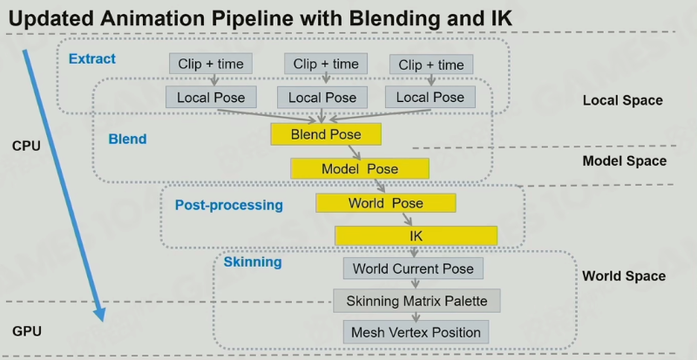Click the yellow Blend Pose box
(x=326, y=134)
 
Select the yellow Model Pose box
(x=360, y=168)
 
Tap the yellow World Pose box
(x=386, y=203)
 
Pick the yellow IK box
(x=416, y=235)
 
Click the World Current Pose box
(x=413, y=268)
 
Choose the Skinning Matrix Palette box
(x=417, y=301)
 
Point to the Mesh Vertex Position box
(x=416, y=332)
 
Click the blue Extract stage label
(x=92, y=58)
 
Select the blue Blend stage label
(x=127, y=139)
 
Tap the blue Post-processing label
(x=229, y=205)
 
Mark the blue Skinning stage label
(x=253, y=262)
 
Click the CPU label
(x=27, y=146)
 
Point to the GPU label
(x=27, y=331)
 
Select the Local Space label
(x=623, y=100)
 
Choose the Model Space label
(x=625, y=160)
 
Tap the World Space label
(x=624, y=276)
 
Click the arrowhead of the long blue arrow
(x=100, y=316)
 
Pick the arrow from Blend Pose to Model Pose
(x=355, y=152)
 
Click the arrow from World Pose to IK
(x=408, y=219)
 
